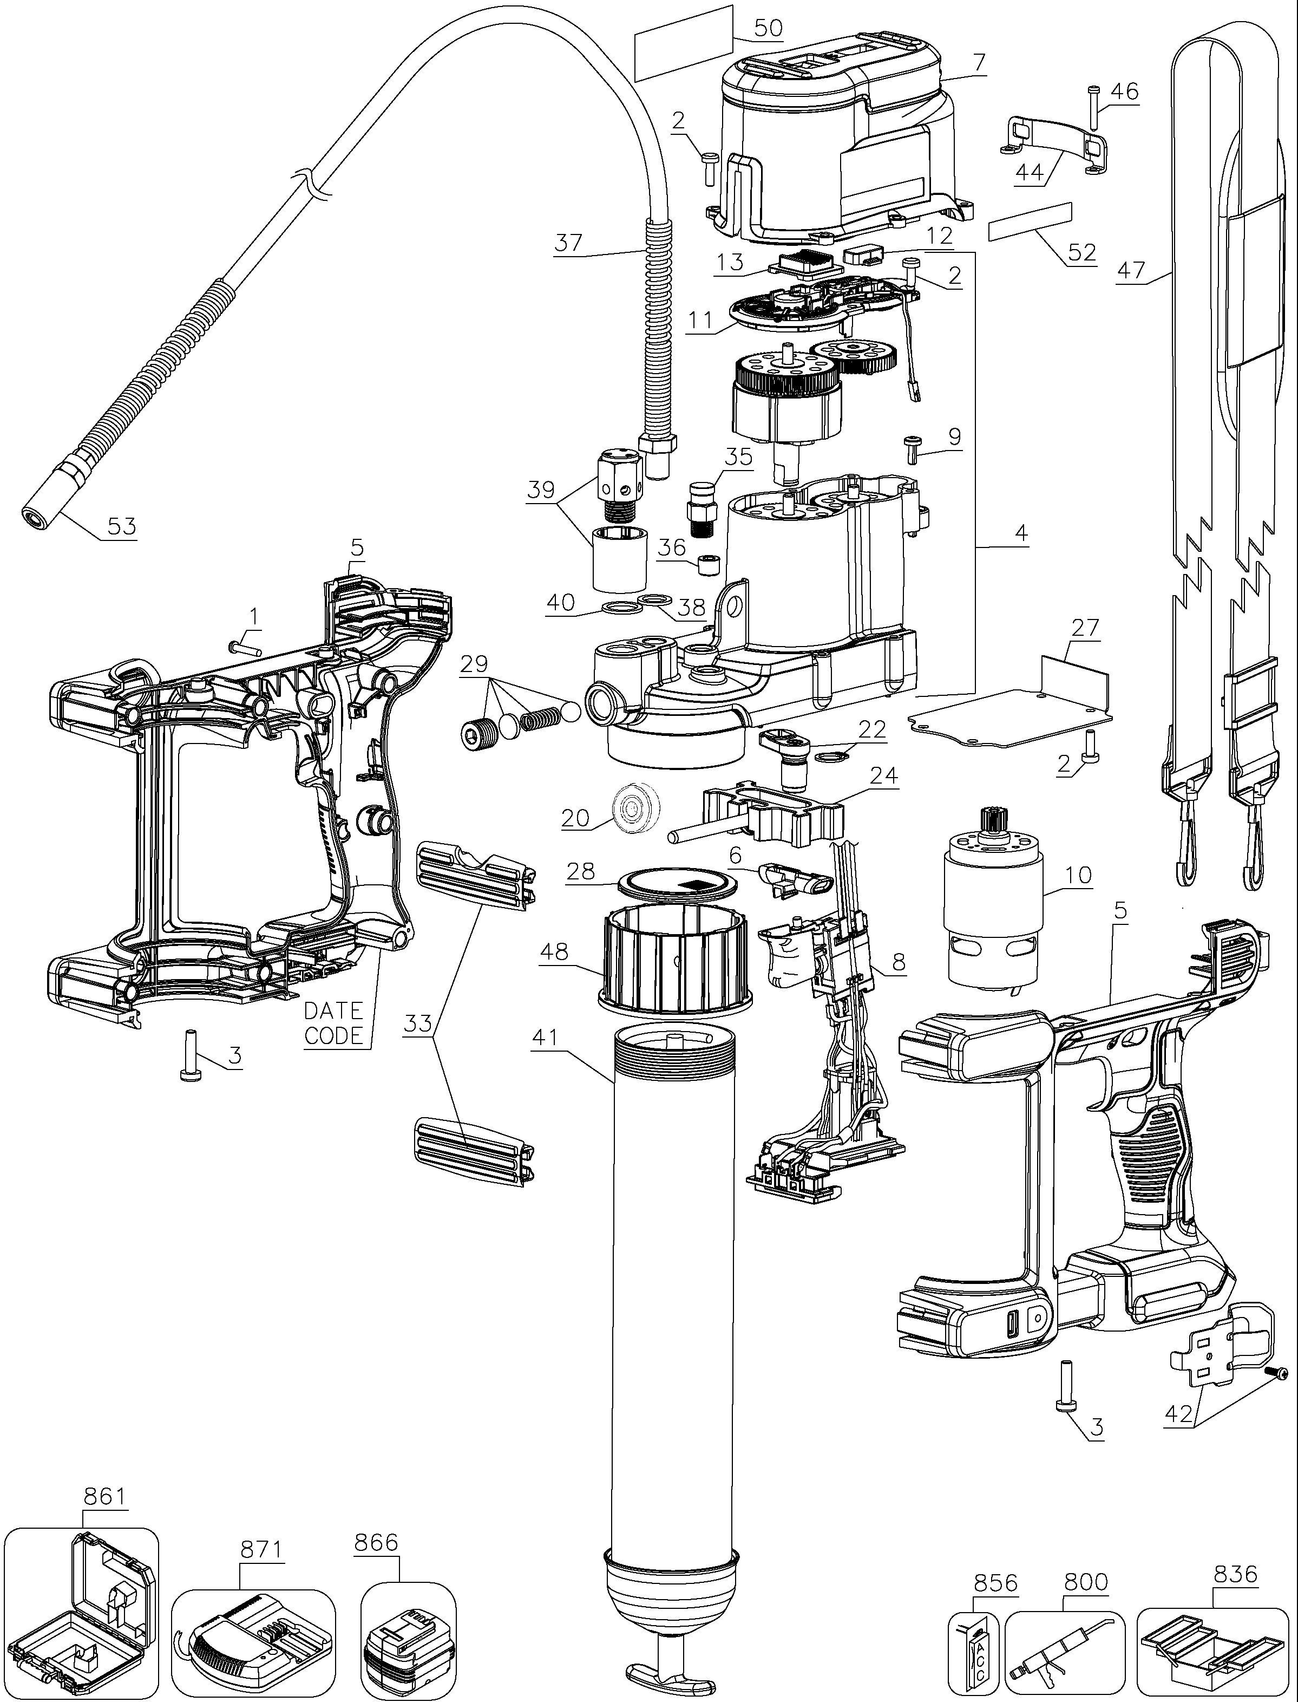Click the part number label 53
pyautogui.click(x=121, y=526)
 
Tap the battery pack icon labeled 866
pyautogui.click(x=407, y=1642)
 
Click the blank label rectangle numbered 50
pyautogui.click(x=684, y=43)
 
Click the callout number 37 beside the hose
pyautogui.click(x=569, y=243)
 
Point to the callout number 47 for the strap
pyautogui.click(x=1131, y=271)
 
